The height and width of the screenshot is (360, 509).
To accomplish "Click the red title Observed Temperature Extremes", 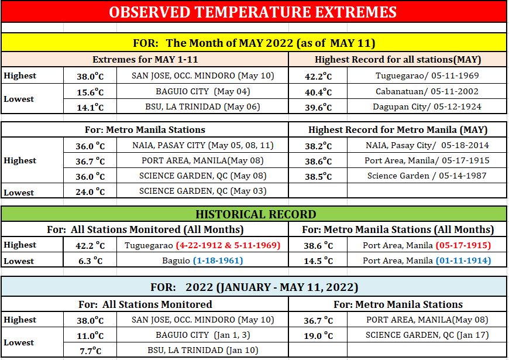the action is (253, 12).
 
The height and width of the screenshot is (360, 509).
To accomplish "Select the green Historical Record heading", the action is (256, 214).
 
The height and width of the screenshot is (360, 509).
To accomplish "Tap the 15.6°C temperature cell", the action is (90, 92).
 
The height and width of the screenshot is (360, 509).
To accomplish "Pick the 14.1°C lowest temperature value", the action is (90, 107).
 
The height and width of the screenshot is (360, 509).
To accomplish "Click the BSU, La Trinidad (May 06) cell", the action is (202, 107).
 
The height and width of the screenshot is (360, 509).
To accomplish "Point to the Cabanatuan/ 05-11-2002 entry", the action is (427, 91).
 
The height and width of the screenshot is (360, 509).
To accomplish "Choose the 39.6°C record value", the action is (318, 107).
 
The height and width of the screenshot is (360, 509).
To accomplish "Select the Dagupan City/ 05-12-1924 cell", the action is (427, 107).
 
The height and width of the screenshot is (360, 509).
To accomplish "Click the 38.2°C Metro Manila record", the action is (318, 146).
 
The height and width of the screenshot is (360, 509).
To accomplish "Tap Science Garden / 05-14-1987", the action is (427, 176).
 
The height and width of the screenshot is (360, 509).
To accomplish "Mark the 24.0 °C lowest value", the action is (90, 191).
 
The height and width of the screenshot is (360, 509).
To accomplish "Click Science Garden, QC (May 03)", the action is (202, 191).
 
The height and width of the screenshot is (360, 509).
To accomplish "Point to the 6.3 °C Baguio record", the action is (90, 260).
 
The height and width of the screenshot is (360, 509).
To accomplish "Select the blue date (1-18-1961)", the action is (218, 260).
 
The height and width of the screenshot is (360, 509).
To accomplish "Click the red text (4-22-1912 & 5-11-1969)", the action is (228, 245).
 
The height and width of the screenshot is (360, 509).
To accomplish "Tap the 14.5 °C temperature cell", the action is (318, 260).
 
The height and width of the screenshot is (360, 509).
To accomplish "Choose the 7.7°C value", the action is (90, 351).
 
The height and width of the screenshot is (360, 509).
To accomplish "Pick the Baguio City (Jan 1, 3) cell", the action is (202, 335).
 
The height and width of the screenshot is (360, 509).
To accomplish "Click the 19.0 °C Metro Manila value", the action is (318, 335).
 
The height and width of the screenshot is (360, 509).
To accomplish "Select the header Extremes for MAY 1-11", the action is (145, 60).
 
